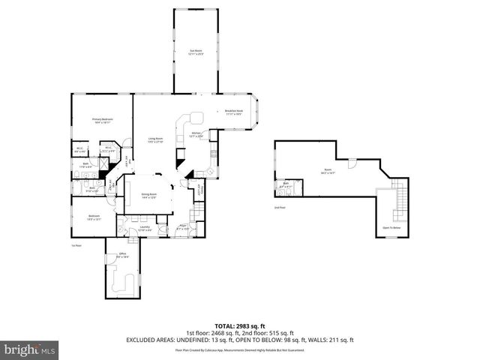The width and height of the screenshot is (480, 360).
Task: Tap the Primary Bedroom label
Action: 102,121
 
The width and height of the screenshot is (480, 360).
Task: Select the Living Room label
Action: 155,140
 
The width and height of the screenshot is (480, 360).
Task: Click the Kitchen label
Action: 196,134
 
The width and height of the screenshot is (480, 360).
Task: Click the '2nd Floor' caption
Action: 280,208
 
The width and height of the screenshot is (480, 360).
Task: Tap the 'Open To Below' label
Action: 393,228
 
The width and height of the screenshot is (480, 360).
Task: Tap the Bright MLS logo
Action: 30,349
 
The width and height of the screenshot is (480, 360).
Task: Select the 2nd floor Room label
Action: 328,170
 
